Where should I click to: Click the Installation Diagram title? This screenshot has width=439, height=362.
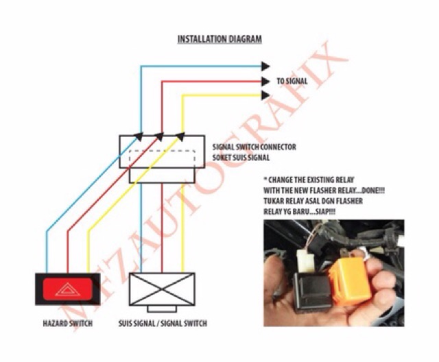tap(219, 39)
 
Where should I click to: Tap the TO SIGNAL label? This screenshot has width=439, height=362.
tap(292, 81)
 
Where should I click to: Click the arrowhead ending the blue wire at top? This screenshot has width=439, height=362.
tap(265, 67)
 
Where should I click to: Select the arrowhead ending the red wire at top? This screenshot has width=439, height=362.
tap(265, 82)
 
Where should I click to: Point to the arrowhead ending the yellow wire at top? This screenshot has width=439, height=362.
tap(265, 95)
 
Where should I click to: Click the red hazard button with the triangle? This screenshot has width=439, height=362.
tap(67, 289)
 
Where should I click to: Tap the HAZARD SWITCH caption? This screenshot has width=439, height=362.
tap(67, 324)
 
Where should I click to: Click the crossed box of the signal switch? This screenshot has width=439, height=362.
tap(162, 289)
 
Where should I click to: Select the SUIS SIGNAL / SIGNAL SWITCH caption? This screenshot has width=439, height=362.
tap(163, 324)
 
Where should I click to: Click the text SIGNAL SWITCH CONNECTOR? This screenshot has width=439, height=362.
tap(254, 147)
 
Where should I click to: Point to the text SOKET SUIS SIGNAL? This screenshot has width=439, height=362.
tap(241, 158)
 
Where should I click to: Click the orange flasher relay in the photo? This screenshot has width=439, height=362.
tap(349, 280)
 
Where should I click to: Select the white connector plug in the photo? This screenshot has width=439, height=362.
tap(303, 261)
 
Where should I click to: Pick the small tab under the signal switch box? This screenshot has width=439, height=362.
tap(162, 309)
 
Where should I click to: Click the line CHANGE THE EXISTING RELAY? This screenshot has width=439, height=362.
tap(309, 180)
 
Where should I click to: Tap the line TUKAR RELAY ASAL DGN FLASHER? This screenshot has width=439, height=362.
tap(313, 201)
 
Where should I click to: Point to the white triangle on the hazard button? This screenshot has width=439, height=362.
tap(67, 289)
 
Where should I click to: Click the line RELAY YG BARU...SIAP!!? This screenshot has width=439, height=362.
tap(299, 212)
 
